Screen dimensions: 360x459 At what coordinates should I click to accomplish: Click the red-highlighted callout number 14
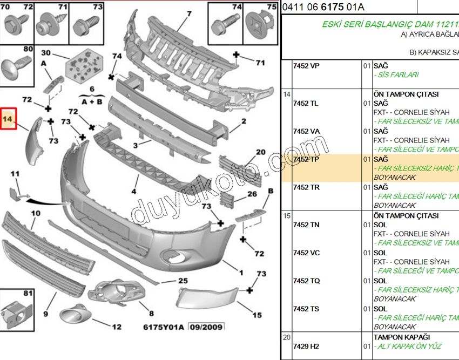(9, 117)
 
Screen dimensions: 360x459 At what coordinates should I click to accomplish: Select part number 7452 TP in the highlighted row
(306, 159)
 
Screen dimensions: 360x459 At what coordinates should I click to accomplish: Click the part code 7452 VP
(306, 66)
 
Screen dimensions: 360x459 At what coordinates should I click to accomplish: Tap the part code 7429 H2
(306, 346)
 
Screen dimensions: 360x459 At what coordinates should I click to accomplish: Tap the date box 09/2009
(208, 327)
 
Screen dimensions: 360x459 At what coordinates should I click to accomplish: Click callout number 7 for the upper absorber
(189, 13)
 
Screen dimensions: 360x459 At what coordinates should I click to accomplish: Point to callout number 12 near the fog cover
(116, 327)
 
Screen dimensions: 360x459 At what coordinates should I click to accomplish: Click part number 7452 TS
(306, 309)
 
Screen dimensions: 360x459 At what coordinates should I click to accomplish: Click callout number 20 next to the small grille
(260, 152)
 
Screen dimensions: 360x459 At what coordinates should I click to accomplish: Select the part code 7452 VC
(306, 253)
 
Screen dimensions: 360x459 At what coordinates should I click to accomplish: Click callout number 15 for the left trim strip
(257, 315)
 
